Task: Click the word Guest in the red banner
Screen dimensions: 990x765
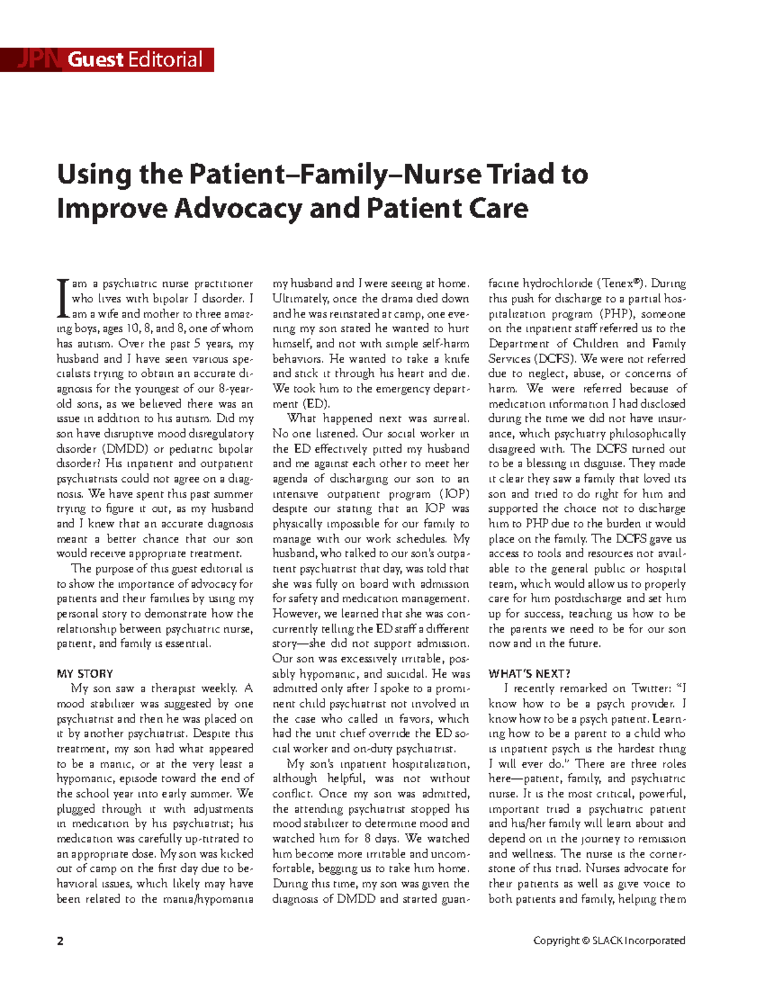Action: point(96,60)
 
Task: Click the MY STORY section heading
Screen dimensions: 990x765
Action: point(85,674)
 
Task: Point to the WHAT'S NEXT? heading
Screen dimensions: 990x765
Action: point(529,674)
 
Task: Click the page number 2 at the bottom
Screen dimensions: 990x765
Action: point(61,941)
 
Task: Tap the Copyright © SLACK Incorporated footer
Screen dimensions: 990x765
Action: point(609,940)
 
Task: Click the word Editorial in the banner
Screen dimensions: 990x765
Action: point(165,60)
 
